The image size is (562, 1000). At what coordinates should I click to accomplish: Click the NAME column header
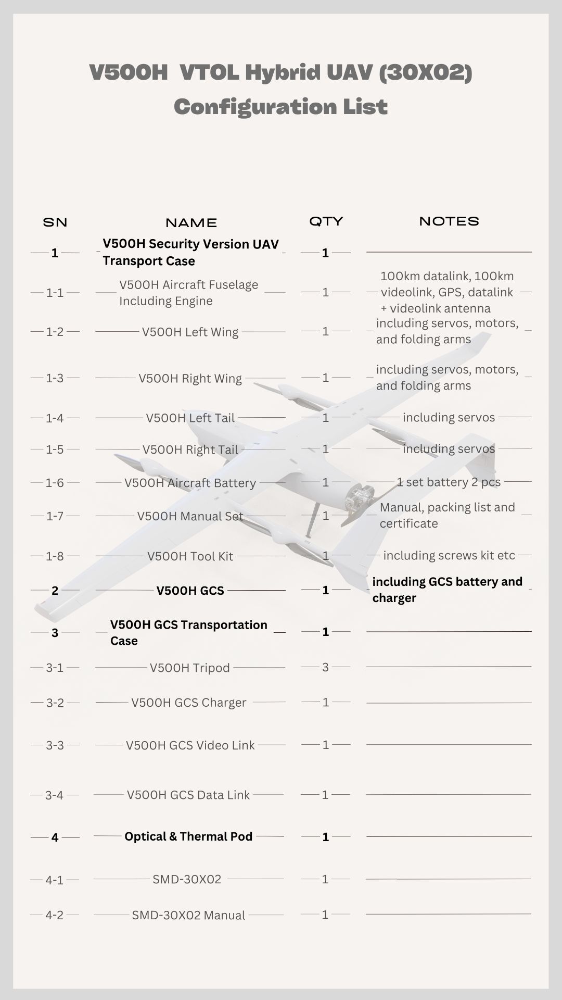coord(191,223)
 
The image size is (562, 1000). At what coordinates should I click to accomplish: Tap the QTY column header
coord(326,221)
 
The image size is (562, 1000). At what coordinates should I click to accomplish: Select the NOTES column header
coord(449,221)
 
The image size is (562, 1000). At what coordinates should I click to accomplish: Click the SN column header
coord(55,222)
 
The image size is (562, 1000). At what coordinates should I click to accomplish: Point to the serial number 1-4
coord(55,418)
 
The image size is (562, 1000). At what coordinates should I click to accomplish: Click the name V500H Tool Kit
coord(190,556)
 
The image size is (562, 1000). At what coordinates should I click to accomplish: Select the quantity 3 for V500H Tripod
coord(325,667)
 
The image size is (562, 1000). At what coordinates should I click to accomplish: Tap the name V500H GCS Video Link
coord(190,745)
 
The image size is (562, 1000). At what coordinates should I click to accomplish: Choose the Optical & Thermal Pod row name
coord(188,836)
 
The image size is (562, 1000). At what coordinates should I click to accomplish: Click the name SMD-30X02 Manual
coord(188,915)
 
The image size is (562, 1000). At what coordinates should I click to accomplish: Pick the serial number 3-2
coord(55,703)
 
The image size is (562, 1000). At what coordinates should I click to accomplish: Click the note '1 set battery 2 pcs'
coord(449,482)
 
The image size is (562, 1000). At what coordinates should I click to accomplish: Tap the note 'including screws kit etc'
coord(449,555)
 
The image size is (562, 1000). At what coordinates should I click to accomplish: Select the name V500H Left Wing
coord(190,332)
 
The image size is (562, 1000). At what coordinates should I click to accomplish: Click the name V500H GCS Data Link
coord(188,795)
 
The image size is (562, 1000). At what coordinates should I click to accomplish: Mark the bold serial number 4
coord(55,838)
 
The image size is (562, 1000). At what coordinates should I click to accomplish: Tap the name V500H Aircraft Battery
coord(190,483)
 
